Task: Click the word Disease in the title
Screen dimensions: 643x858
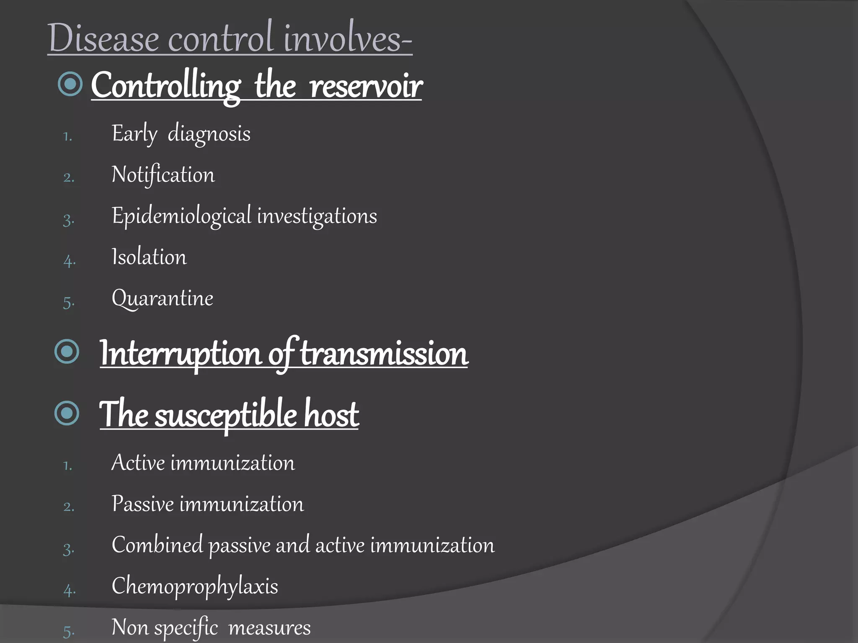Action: pyautogui.click(x=103, y=39)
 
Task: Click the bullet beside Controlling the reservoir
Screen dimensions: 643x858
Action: pyautogui.click(x=70, y=84)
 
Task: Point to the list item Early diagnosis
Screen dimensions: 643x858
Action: pyautogui.click(x=181, y=134)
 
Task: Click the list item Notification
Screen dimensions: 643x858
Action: pyautogui.click(x=163, y=175)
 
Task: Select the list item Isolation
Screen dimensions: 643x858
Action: pyautogui.click(x=149, y=257)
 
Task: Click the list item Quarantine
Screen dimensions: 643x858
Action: pyautogui.click(x=162, y=298)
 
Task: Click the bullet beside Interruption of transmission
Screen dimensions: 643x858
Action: pyautogui.click(x=67, y=351)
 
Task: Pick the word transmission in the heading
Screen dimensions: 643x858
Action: pyautogui.click(x=384, y=354)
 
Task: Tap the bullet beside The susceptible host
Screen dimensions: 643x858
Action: pyautogui.click(x=67, y=413)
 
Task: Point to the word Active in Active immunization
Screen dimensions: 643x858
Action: pyautogui.click(x=138, y=463)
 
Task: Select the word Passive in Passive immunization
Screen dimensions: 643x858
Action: pyautogui.click(x=142, y=504)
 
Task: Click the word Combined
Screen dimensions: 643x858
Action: pyautogui.click(x=157, y=545)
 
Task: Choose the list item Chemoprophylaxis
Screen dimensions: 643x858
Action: pyautogui.click(x=195, y=586)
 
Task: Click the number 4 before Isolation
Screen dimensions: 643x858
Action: pyautogui.click(x=69, y=261)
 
